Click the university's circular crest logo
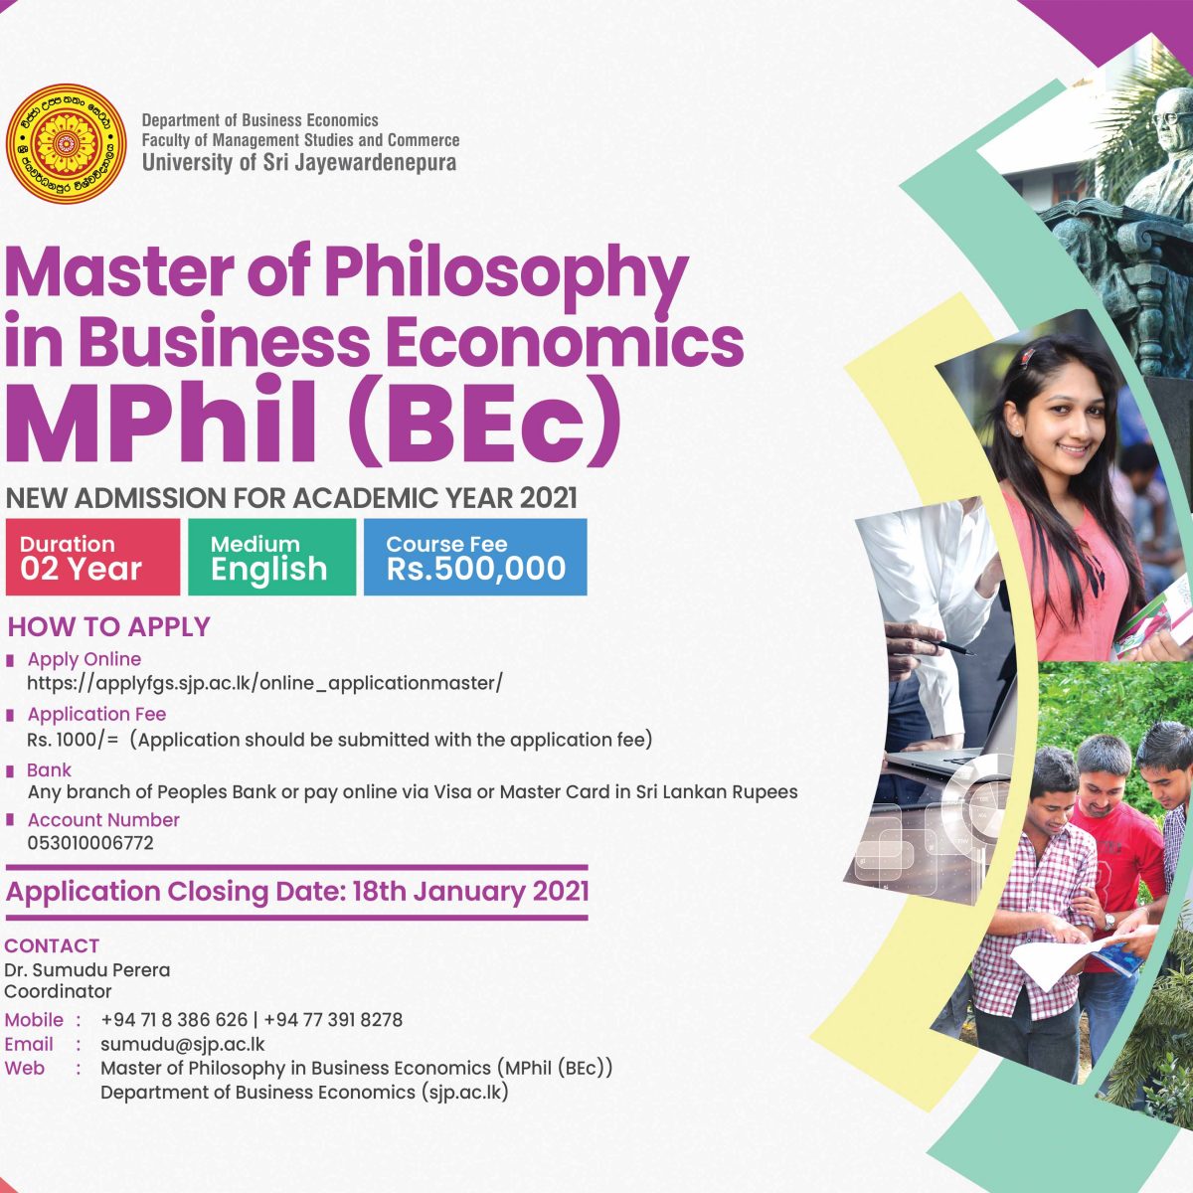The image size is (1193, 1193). [x=66, y=144]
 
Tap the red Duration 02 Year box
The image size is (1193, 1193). [x=92, y=557]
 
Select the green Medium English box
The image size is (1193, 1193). [x=271, y=557]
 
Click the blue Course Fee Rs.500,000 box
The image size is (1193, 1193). [x=475, y=557]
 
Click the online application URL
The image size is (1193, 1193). [x=265, y=683]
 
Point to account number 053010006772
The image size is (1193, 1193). [x=90, y=843]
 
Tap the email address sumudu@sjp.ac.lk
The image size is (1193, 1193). [x=183, y=1044]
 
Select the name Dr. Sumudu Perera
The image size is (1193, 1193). [x=87, y=969]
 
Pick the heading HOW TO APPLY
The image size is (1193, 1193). [x=109, y=626]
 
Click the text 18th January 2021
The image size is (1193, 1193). [x=470, y=892]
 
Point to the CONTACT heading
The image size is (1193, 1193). [x=52, y=945]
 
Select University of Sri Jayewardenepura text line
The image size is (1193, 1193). [x=299, y=163]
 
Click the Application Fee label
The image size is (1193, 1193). [x=96, y=714]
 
